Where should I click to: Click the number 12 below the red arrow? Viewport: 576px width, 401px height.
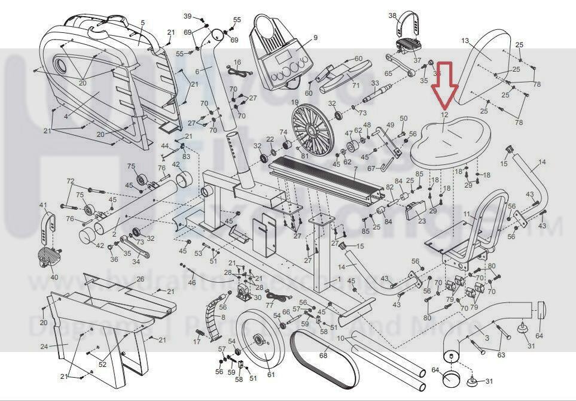444,114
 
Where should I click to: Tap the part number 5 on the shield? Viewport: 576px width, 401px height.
142,23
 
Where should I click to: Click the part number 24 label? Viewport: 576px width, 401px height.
44,347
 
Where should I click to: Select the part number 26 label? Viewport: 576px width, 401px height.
140,279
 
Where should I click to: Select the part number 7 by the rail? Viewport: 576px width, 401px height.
355,169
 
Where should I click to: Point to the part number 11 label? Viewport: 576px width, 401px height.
467,214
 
